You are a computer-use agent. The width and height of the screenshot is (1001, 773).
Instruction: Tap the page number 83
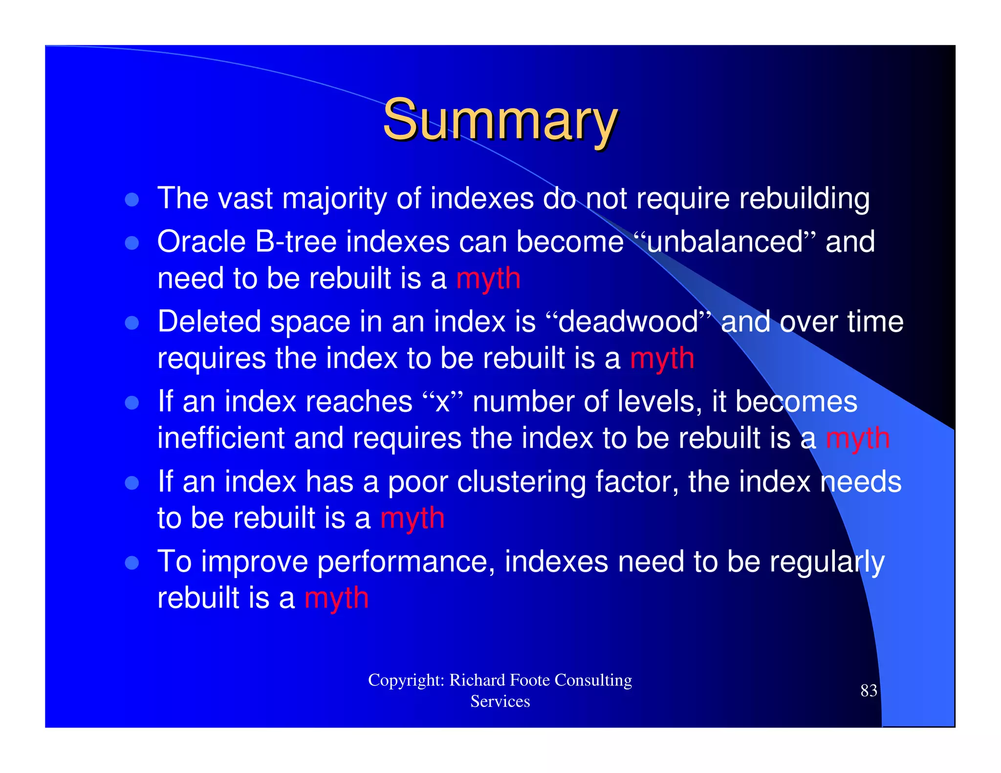tap(869, 690)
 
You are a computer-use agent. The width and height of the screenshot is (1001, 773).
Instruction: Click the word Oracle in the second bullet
tap(201, 242)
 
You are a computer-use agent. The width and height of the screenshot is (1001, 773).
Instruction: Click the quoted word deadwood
tap(628, 322)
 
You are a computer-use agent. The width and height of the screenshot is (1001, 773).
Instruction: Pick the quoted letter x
tap(442, 402)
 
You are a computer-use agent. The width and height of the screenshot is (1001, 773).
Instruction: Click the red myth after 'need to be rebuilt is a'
tap(488, 279)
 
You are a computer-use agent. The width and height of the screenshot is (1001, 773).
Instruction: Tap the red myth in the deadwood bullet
tap(662, 359)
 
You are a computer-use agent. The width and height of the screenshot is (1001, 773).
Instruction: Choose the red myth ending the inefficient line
tap(857, 438)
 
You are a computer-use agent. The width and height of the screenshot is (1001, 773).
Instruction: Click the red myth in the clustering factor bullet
tap(412, 518)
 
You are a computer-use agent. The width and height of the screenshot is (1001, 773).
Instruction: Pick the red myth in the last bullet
tap(336, 599)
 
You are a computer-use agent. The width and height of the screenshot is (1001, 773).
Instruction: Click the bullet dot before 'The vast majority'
tap(132, 199)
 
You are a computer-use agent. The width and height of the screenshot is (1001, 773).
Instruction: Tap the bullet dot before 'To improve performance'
tap(132, 562)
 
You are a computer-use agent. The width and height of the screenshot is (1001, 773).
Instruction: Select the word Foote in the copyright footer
tap(530, 680)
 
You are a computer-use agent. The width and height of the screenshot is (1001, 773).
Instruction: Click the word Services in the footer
tap(500, 702)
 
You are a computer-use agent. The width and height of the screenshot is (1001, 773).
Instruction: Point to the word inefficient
tap(221, 438)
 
